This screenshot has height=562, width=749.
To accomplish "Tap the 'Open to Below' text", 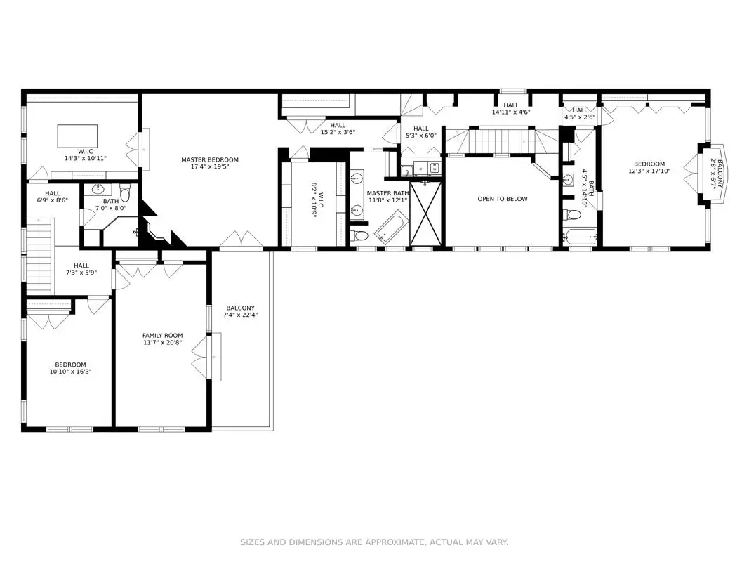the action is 503,199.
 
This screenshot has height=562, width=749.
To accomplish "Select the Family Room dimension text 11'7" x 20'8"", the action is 162,343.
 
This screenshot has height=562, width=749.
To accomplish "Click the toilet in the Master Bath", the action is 359,235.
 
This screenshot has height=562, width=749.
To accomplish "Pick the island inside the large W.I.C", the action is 77,136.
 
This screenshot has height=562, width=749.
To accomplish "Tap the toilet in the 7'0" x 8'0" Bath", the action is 125,194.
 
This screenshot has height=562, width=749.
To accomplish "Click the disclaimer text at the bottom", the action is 374,542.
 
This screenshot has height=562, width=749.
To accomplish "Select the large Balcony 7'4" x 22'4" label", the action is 240,311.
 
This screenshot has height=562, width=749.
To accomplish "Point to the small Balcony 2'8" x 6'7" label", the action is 717,174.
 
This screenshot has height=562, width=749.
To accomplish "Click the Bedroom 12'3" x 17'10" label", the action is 649,167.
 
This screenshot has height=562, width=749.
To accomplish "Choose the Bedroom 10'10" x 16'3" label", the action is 70,368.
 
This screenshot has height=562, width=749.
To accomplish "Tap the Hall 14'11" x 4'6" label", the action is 511,109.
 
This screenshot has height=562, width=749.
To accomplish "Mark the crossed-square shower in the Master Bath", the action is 426,213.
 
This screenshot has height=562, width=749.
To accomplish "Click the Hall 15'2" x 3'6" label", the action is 338,129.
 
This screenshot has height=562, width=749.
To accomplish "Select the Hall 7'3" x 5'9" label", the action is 81,269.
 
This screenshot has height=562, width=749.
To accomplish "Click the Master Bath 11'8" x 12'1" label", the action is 388,197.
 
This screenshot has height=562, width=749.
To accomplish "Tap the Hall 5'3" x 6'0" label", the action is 421,132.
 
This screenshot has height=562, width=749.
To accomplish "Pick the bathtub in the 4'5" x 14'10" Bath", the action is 580,237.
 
